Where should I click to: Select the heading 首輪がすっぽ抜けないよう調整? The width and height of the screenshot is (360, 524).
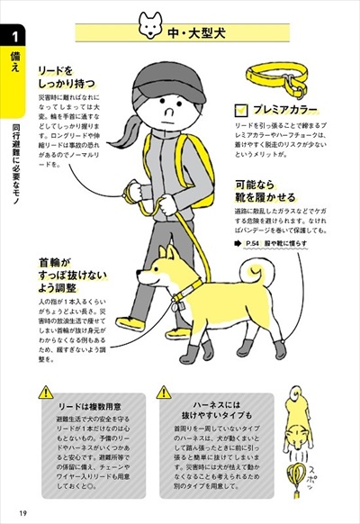(x=66, y=271)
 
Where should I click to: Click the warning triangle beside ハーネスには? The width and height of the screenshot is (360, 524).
(x=164, y=393)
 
